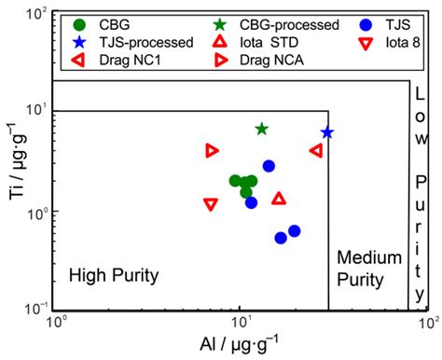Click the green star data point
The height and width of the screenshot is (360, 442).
click(x=262, y=129)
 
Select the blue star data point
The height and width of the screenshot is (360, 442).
click(x=326, y=132)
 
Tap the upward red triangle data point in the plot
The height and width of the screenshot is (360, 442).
click(x=279, y=198)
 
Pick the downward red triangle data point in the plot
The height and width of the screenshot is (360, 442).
click(x=211, y=203)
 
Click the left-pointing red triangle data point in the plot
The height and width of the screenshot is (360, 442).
click(x=316, y=150)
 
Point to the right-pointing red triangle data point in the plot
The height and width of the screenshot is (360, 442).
click(x=213, y=150)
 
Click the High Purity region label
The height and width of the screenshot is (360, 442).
click(x=113, y=275)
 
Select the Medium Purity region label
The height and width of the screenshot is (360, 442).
click(x=368, y=268)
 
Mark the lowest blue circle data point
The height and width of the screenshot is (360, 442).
click(x=281, y=238)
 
